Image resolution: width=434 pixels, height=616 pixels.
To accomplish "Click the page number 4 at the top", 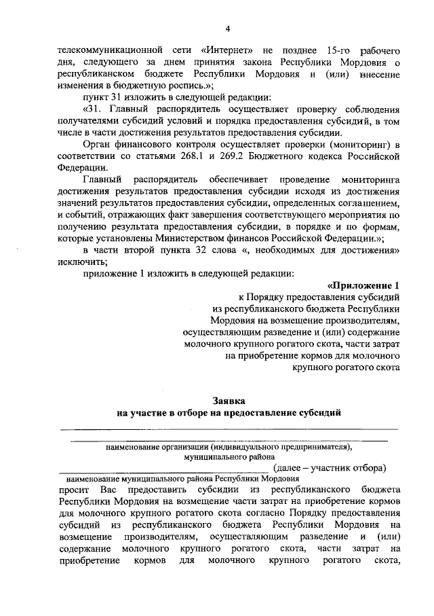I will coord(228,28).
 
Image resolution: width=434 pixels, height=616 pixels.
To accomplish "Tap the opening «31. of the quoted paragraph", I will coord(94,109).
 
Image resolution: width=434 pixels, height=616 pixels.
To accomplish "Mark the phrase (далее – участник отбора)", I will coord(329,468).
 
